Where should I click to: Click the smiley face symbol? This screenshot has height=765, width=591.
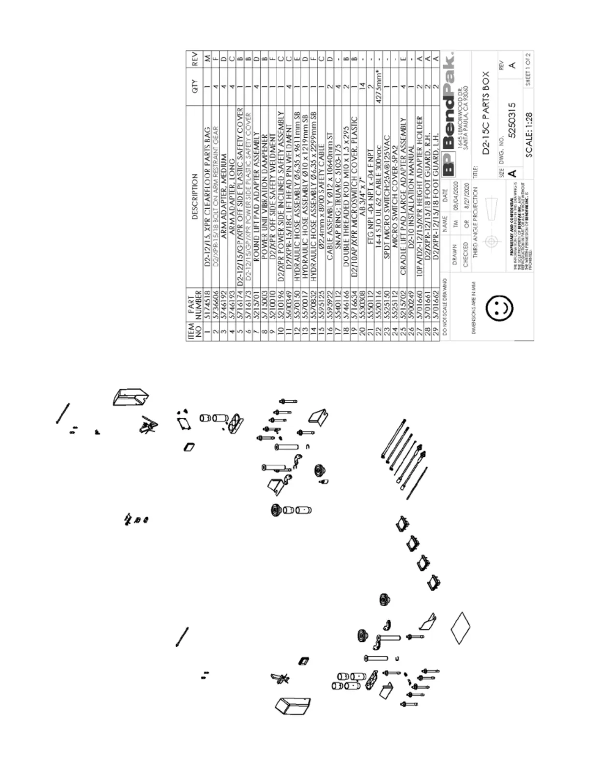point(498,307)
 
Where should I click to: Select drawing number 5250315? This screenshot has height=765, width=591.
point(514,118)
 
